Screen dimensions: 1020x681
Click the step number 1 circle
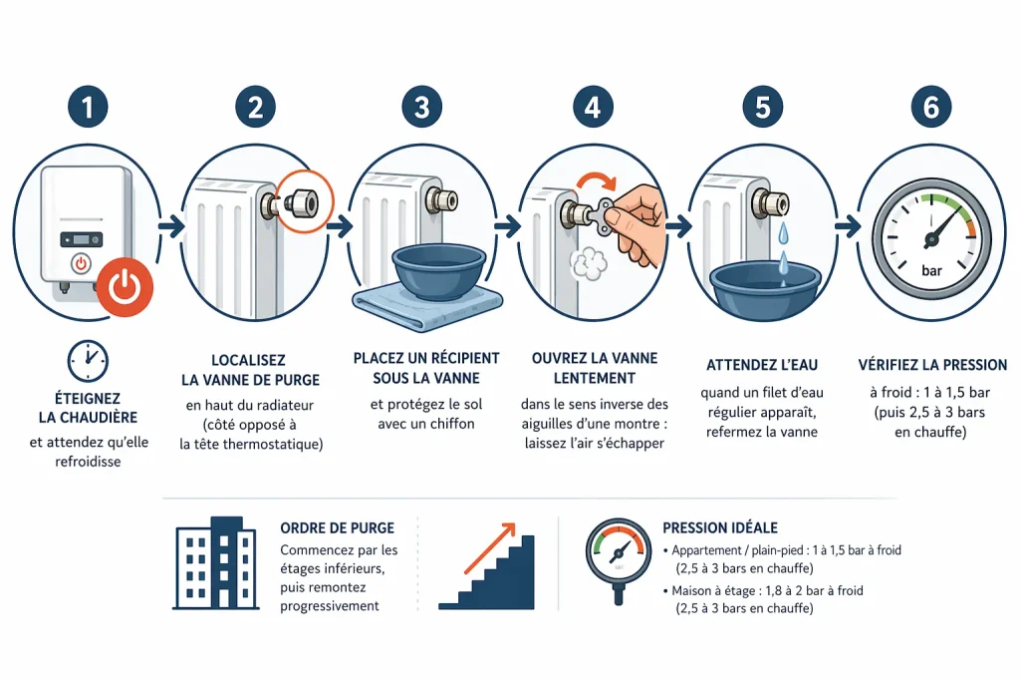tap(88, 107)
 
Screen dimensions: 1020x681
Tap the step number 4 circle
tap(593, 107)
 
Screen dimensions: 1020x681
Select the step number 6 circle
tap(931, 107)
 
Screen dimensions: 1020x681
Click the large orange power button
tap(125, 287)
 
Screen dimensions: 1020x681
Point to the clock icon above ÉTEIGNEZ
tap(88, 361)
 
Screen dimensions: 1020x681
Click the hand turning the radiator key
tap(638, 223)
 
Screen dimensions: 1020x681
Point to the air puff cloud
tap(589, 263)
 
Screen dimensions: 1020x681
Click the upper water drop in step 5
tap(783, 231)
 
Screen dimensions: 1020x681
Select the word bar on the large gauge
tap(931, 271)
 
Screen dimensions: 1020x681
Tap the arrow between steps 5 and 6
tap(847, 226)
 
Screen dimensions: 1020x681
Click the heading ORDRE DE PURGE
tap(337, 528)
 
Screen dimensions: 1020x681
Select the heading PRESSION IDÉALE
tap(720, 528)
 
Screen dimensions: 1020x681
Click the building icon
tap(216, 563)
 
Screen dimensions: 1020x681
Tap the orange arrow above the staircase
tap(489, 547)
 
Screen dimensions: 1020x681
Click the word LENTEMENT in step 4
tap(595, 378)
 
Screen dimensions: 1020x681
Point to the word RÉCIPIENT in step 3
tap(457, 358)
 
